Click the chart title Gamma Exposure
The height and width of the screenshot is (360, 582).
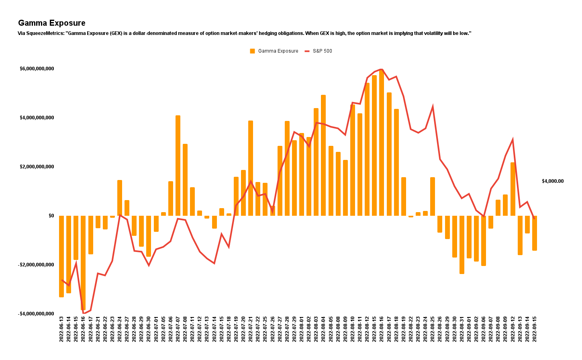pyautogui.click(x=52, y=23)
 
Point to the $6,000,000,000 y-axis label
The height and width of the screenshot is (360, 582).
pyautogui.click(x=37, y=69)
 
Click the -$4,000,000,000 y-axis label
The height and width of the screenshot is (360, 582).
pyautogui.click(x=36, y=313)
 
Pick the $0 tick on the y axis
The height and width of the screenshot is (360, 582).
pyautogui.click(x=51, y=216)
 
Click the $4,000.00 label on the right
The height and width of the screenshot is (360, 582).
pyautogui.click(x=552, y=181)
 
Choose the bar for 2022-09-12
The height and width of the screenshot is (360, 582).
pyautogui.click(x=513, y=189)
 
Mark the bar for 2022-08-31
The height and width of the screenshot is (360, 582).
pyautogui.click(x=462, y=245)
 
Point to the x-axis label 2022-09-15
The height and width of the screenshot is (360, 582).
pyautogui.click(x=535, y=328)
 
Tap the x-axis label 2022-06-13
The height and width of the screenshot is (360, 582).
pyautogui.click(x=61, y=328)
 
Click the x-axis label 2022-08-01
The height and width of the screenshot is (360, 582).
pyautogui.click(x=302, y=328)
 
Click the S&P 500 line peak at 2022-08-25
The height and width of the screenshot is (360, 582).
pyautogui.click(x=433, y=106)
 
